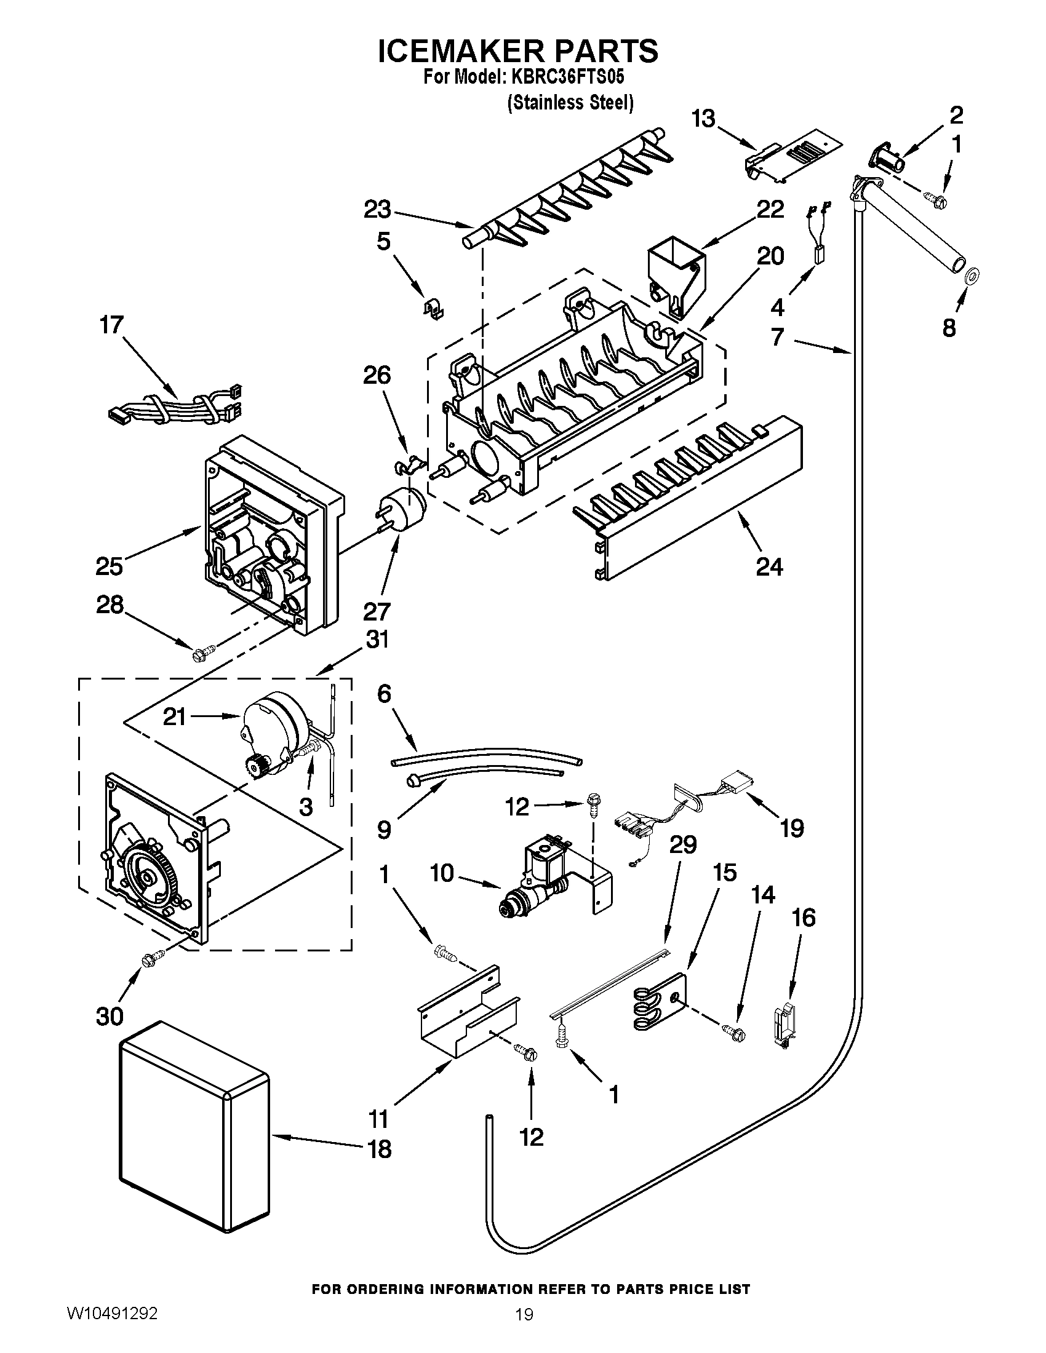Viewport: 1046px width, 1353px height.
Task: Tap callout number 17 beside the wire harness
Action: tap(112, 325)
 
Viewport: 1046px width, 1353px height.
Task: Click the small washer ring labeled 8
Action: tap(972, 273)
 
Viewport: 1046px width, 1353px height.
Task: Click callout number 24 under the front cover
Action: tap(769, 566)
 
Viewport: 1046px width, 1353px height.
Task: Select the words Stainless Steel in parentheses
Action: tap(570, 103)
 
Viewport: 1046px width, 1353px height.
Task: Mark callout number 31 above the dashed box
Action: tap(377, 639)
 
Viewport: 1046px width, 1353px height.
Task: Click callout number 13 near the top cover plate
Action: tap(703, 117)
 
